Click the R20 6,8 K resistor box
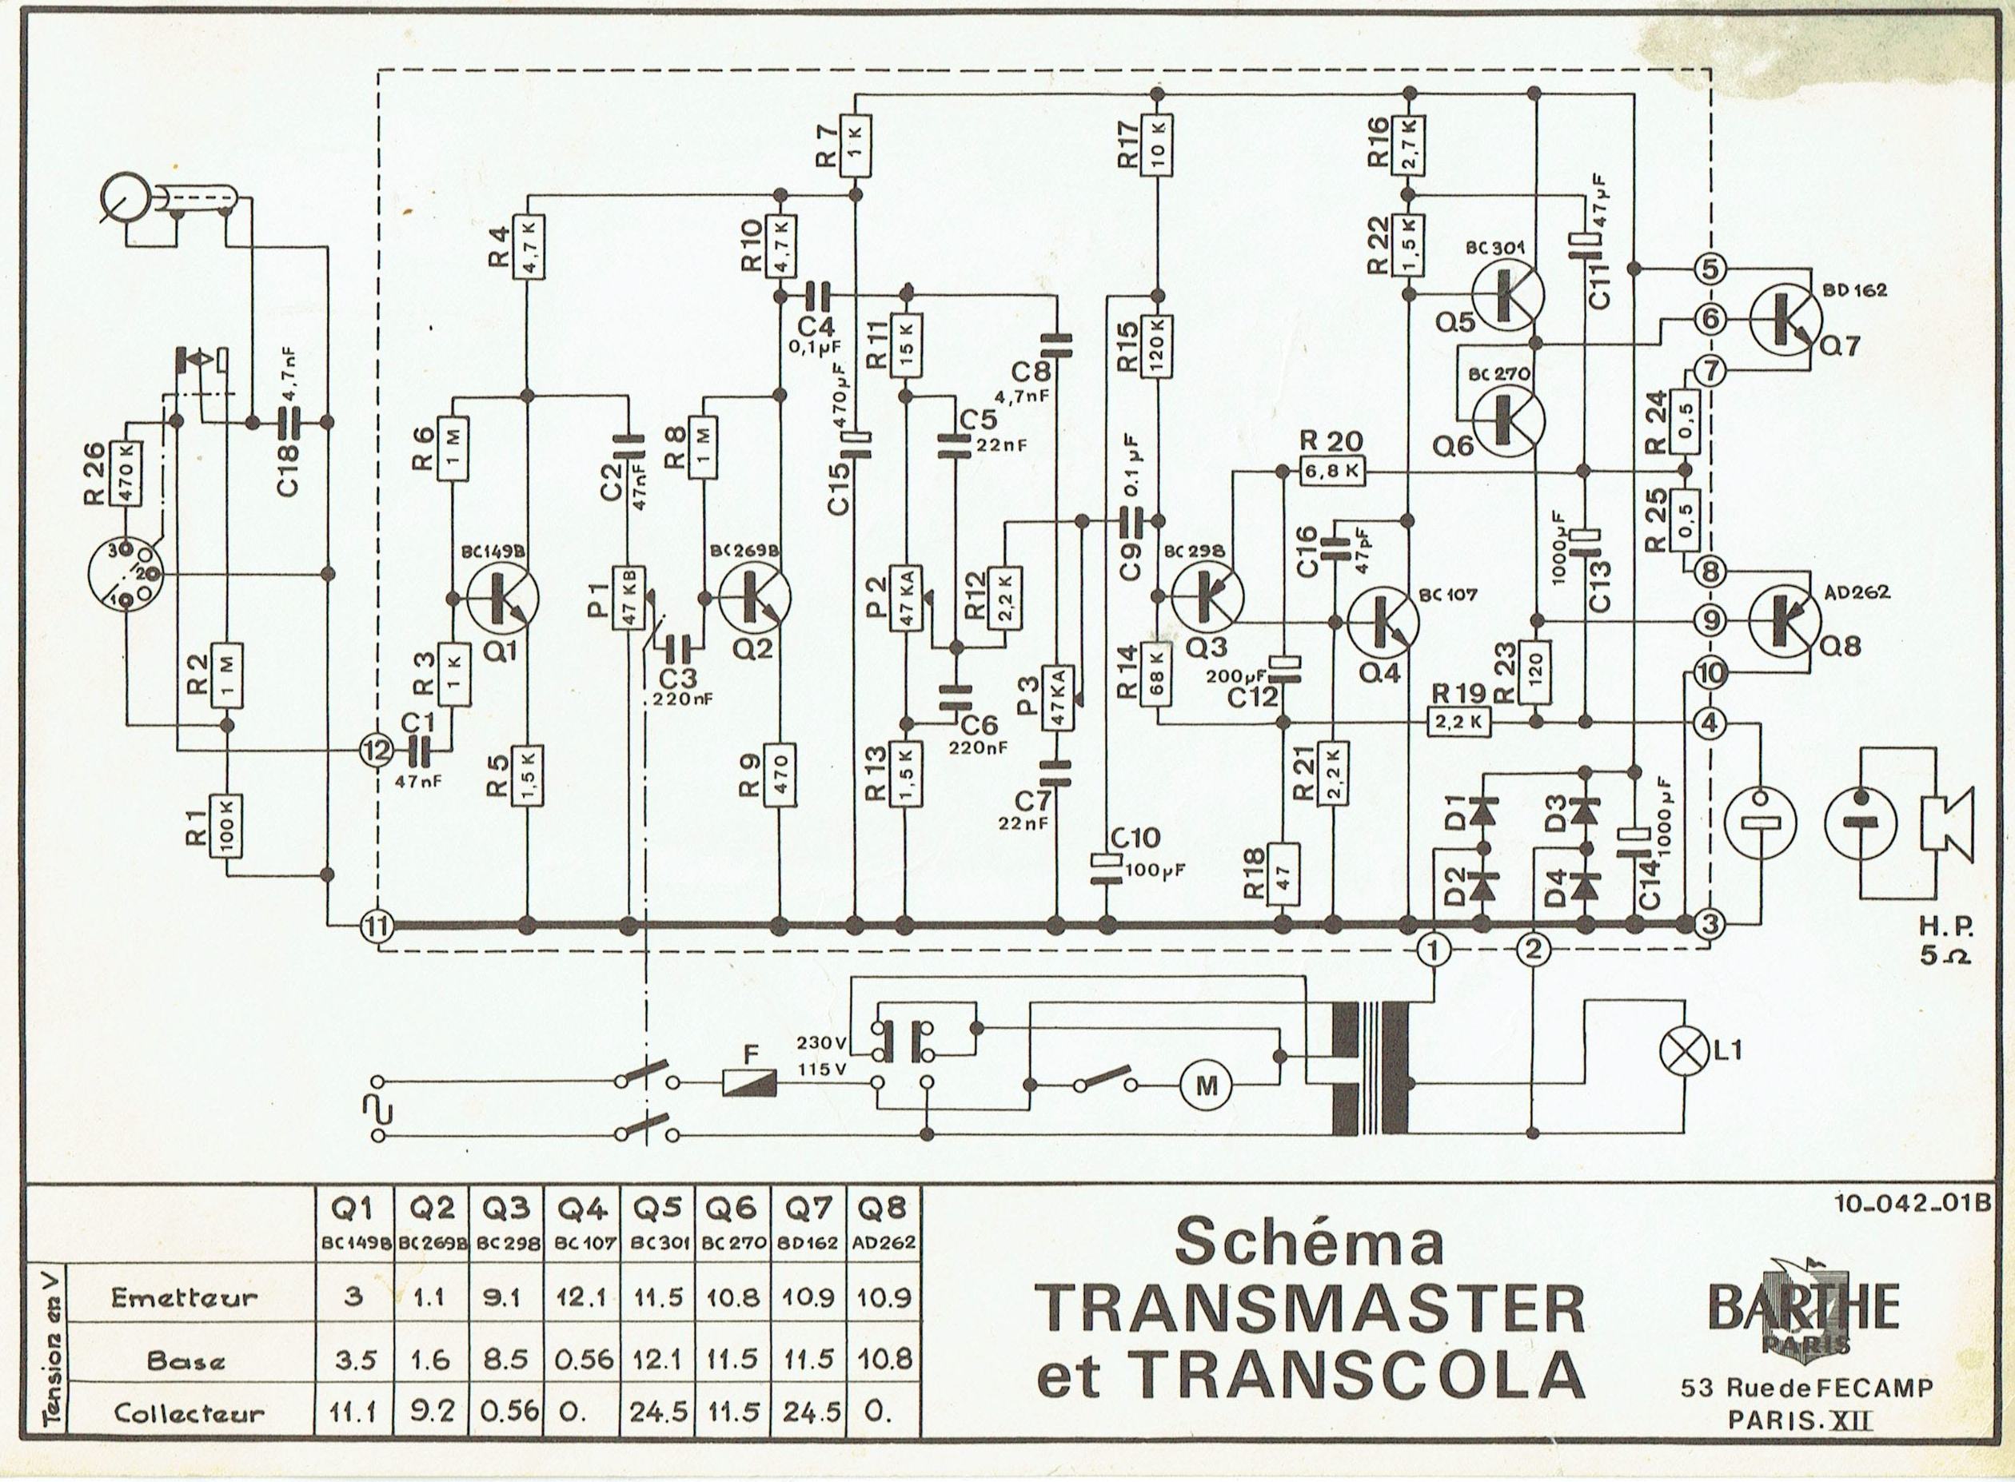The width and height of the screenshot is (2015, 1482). [1332, 470]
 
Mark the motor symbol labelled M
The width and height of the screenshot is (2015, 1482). [1207, 1086]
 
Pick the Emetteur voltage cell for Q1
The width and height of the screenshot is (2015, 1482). [353, 1297]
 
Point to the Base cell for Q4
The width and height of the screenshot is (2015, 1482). [582, 1359]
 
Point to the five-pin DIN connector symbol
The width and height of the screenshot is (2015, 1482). [126, 573]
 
